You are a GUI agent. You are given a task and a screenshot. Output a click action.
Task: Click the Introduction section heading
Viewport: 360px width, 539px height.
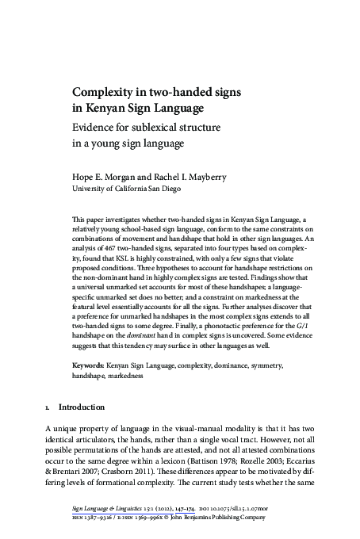coord(82,407)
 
